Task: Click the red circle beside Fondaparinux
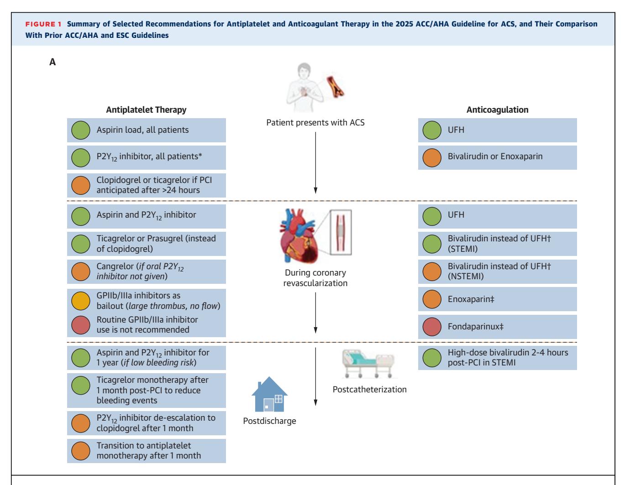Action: tap(432, 327)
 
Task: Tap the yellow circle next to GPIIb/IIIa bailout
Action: tap(81, 301)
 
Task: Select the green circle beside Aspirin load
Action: tap(81, 130)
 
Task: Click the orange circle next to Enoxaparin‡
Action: tap(432, 299)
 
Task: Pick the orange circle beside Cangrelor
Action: tap(81, 271)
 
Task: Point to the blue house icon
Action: tap(269, 394)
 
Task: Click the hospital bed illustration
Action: tap(368, 364)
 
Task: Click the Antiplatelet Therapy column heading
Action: tap(146, 110)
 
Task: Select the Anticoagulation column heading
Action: tap(497, 110)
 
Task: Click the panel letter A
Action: tap(52, 62)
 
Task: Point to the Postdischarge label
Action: tap(269, 421)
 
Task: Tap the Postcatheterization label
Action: tap(369, 389)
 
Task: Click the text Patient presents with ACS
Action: tap(315, 123)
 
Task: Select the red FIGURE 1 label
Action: tap(43, 24)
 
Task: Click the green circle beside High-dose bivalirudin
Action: tap(432, 358)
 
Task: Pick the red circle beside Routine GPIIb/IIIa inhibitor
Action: tap(81, 325)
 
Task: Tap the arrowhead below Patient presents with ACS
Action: tap(315, 191)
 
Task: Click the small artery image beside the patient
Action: tap(335, 86)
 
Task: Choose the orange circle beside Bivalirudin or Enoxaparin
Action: tap(432, 157)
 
